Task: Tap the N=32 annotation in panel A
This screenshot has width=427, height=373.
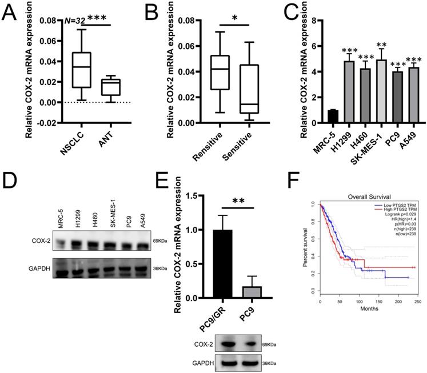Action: click(x=75, y=21)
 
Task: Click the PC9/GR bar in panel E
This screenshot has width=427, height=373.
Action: click(x=217, y=263)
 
